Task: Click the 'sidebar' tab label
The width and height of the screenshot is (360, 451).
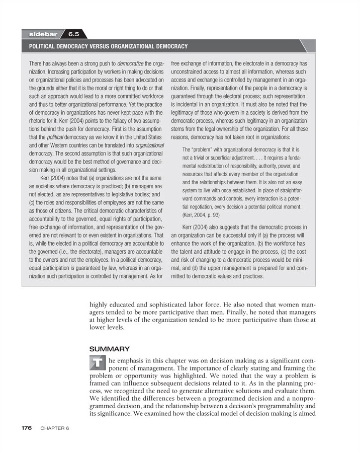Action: click(x=42, y=34)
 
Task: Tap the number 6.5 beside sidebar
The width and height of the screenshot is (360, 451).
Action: click(x=74, y=34)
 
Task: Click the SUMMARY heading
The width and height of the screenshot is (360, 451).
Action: click(x=109, y=348)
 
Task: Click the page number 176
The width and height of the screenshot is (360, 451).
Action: click(x=27, y=428)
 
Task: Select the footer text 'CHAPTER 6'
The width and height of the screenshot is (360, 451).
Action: click(x=53, y=428)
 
